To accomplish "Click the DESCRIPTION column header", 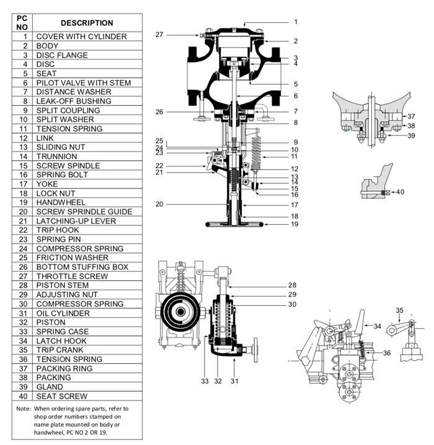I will coord(87,23).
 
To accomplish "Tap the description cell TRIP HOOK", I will coord(58,230).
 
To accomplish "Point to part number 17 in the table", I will coord(25,184).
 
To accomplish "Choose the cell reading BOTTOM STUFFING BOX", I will coord(82,267).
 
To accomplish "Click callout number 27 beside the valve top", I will coord(159,35).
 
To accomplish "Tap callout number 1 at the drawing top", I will coord(296,22).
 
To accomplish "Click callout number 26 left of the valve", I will coord(159,112).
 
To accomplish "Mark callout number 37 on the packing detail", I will coord(410,116).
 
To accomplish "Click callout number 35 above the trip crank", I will coord(399,310).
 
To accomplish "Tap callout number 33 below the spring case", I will coord(205,381).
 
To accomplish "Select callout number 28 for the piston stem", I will coord(293,285).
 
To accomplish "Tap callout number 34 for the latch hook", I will coord(378,326).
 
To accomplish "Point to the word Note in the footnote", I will coord(24,409).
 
